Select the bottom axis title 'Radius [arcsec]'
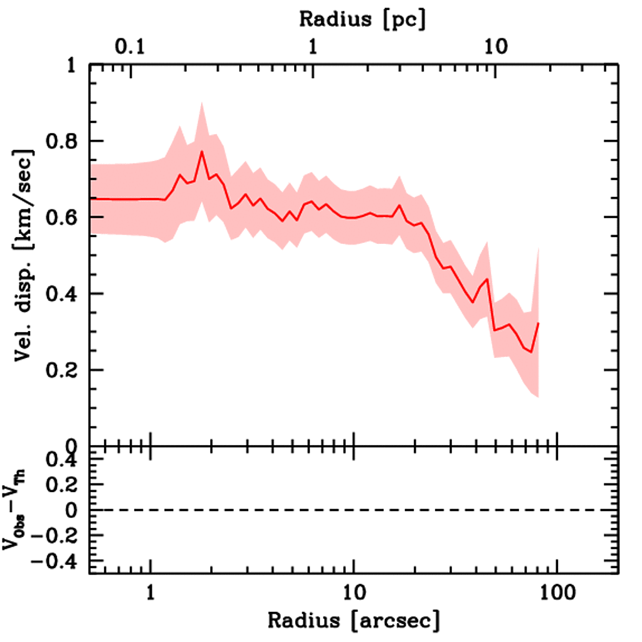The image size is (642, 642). (x=354, y=621)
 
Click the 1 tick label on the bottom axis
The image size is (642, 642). (x=150, y=592)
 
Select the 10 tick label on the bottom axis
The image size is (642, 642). (x=354, y=592)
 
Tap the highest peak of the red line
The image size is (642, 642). (x=202, y=152)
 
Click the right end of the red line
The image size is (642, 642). (x=538, y=323)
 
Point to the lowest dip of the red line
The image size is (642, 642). (x=532, y=352)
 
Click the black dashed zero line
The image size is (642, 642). (x=354, y=510)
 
